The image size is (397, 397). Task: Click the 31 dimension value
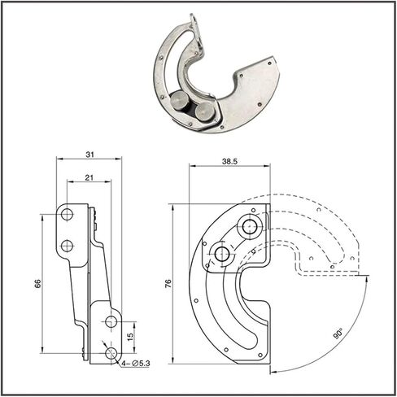(x=89, y=155)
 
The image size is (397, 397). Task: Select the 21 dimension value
(x=89, y=177)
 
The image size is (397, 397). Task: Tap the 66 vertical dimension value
(x=37, y=283)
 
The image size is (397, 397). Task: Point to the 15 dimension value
(x=131, y=337)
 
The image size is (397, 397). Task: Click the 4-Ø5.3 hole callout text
(x=136, y=364)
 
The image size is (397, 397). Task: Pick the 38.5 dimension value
(x=229, y=162)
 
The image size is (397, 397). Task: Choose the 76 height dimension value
(x=168, y=283)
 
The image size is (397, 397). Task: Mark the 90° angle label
(x=338, y=334)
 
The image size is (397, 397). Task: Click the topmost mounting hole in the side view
(x=67, y=215)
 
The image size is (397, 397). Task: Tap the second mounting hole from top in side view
(x=67, y=246)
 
